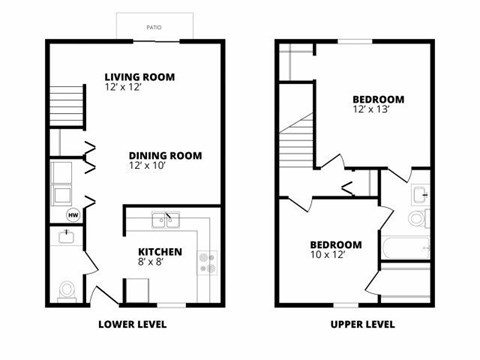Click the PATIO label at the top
point(153,27)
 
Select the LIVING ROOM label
point(141,76)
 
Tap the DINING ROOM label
point(165,155)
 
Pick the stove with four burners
point(208,263)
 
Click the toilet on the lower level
point(67,290)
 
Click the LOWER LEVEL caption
point(132,325)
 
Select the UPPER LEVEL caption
point(362,325)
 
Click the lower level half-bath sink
point(65,237)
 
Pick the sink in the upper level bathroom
point(420,193)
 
